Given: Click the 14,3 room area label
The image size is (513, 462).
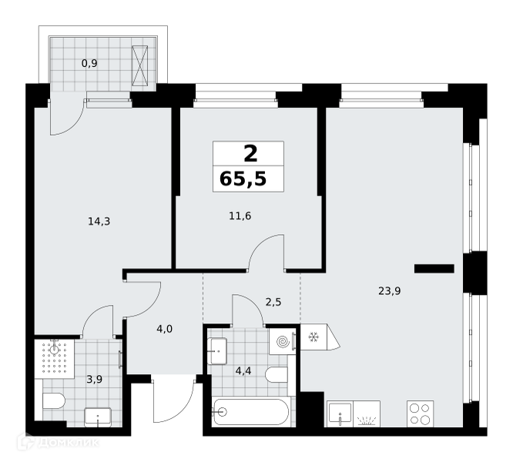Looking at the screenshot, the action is [x=99, y=222].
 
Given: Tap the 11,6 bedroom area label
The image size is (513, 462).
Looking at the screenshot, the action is [x=240, y=216].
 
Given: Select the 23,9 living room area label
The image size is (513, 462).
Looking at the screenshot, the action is [x=389, y=290].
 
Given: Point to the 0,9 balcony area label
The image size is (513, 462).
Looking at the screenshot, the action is [x=89, y=63].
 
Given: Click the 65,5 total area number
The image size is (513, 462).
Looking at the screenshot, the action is [x=243, y=179].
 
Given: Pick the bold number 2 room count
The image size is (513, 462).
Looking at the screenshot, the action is [x=250, y=154].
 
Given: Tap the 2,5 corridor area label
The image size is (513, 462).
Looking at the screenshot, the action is [x=273, y=302].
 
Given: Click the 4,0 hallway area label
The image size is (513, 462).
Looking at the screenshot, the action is [x=164, y=329].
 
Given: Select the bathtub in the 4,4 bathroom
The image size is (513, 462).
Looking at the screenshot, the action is [x=250, y=412].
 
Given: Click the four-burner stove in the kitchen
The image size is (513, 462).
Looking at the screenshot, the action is [x=420, y=413].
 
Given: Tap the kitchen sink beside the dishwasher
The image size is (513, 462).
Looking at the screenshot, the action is [x=340, y=414].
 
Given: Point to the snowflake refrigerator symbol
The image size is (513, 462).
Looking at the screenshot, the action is [x=313, y=336].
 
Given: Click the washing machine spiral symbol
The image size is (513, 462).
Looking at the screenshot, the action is [x=283, y=342].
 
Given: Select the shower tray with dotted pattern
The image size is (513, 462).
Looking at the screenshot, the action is [x=55, y=359].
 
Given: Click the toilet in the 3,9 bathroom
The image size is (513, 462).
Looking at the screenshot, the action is [x=54, y=401].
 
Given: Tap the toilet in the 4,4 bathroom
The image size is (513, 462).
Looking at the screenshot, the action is [x=277, y=374].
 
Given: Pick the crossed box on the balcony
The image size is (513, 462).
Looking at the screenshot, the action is [x=140, y=65].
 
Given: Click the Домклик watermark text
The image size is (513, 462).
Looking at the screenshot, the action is [x=69, y=443].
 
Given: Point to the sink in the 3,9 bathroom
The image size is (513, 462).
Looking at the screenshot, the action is [x=98, y=417].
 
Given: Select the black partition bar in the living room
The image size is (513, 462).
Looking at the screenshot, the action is [x=434, y=269].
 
